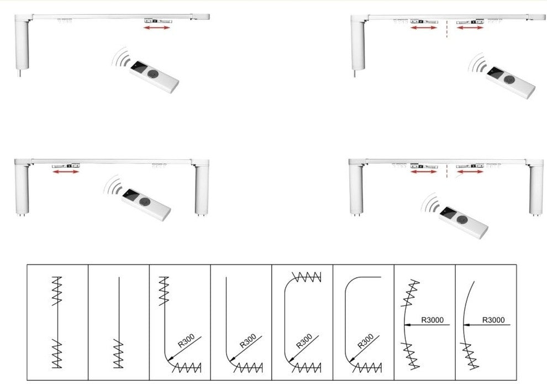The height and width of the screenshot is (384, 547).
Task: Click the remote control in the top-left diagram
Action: click(x=154, y=77)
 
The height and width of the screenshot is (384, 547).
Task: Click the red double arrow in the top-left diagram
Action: click(x=157, y=27)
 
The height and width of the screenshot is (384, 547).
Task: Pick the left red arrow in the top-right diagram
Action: click(x=424, y=27)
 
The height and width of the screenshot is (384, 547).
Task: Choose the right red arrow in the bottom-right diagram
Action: click(x=470, y=172)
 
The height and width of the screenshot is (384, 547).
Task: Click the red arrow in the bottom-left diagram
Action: click(x=66, y=172)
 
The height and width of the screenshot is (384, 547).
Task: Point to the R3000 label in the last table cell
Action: click(x=493, y=320)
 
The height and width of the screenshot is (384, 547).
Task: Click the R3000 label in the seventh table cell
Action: click(x=432, y=320)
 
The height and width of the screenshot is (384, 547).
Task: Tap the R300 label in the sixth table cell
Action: click(x=366, y=341)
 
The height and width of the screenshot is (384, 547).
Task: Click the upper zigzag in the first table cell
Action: click(x=57, y=291)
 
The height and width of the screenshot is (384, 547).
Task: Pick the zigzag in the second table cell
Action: click(x=119, y=353)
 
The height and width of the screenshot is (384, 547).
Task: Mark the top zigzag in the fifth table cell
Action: click(x=306, y=277)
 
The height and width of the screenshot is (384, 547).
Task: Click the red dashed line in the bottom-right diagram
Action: click(x=447, y=171)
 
